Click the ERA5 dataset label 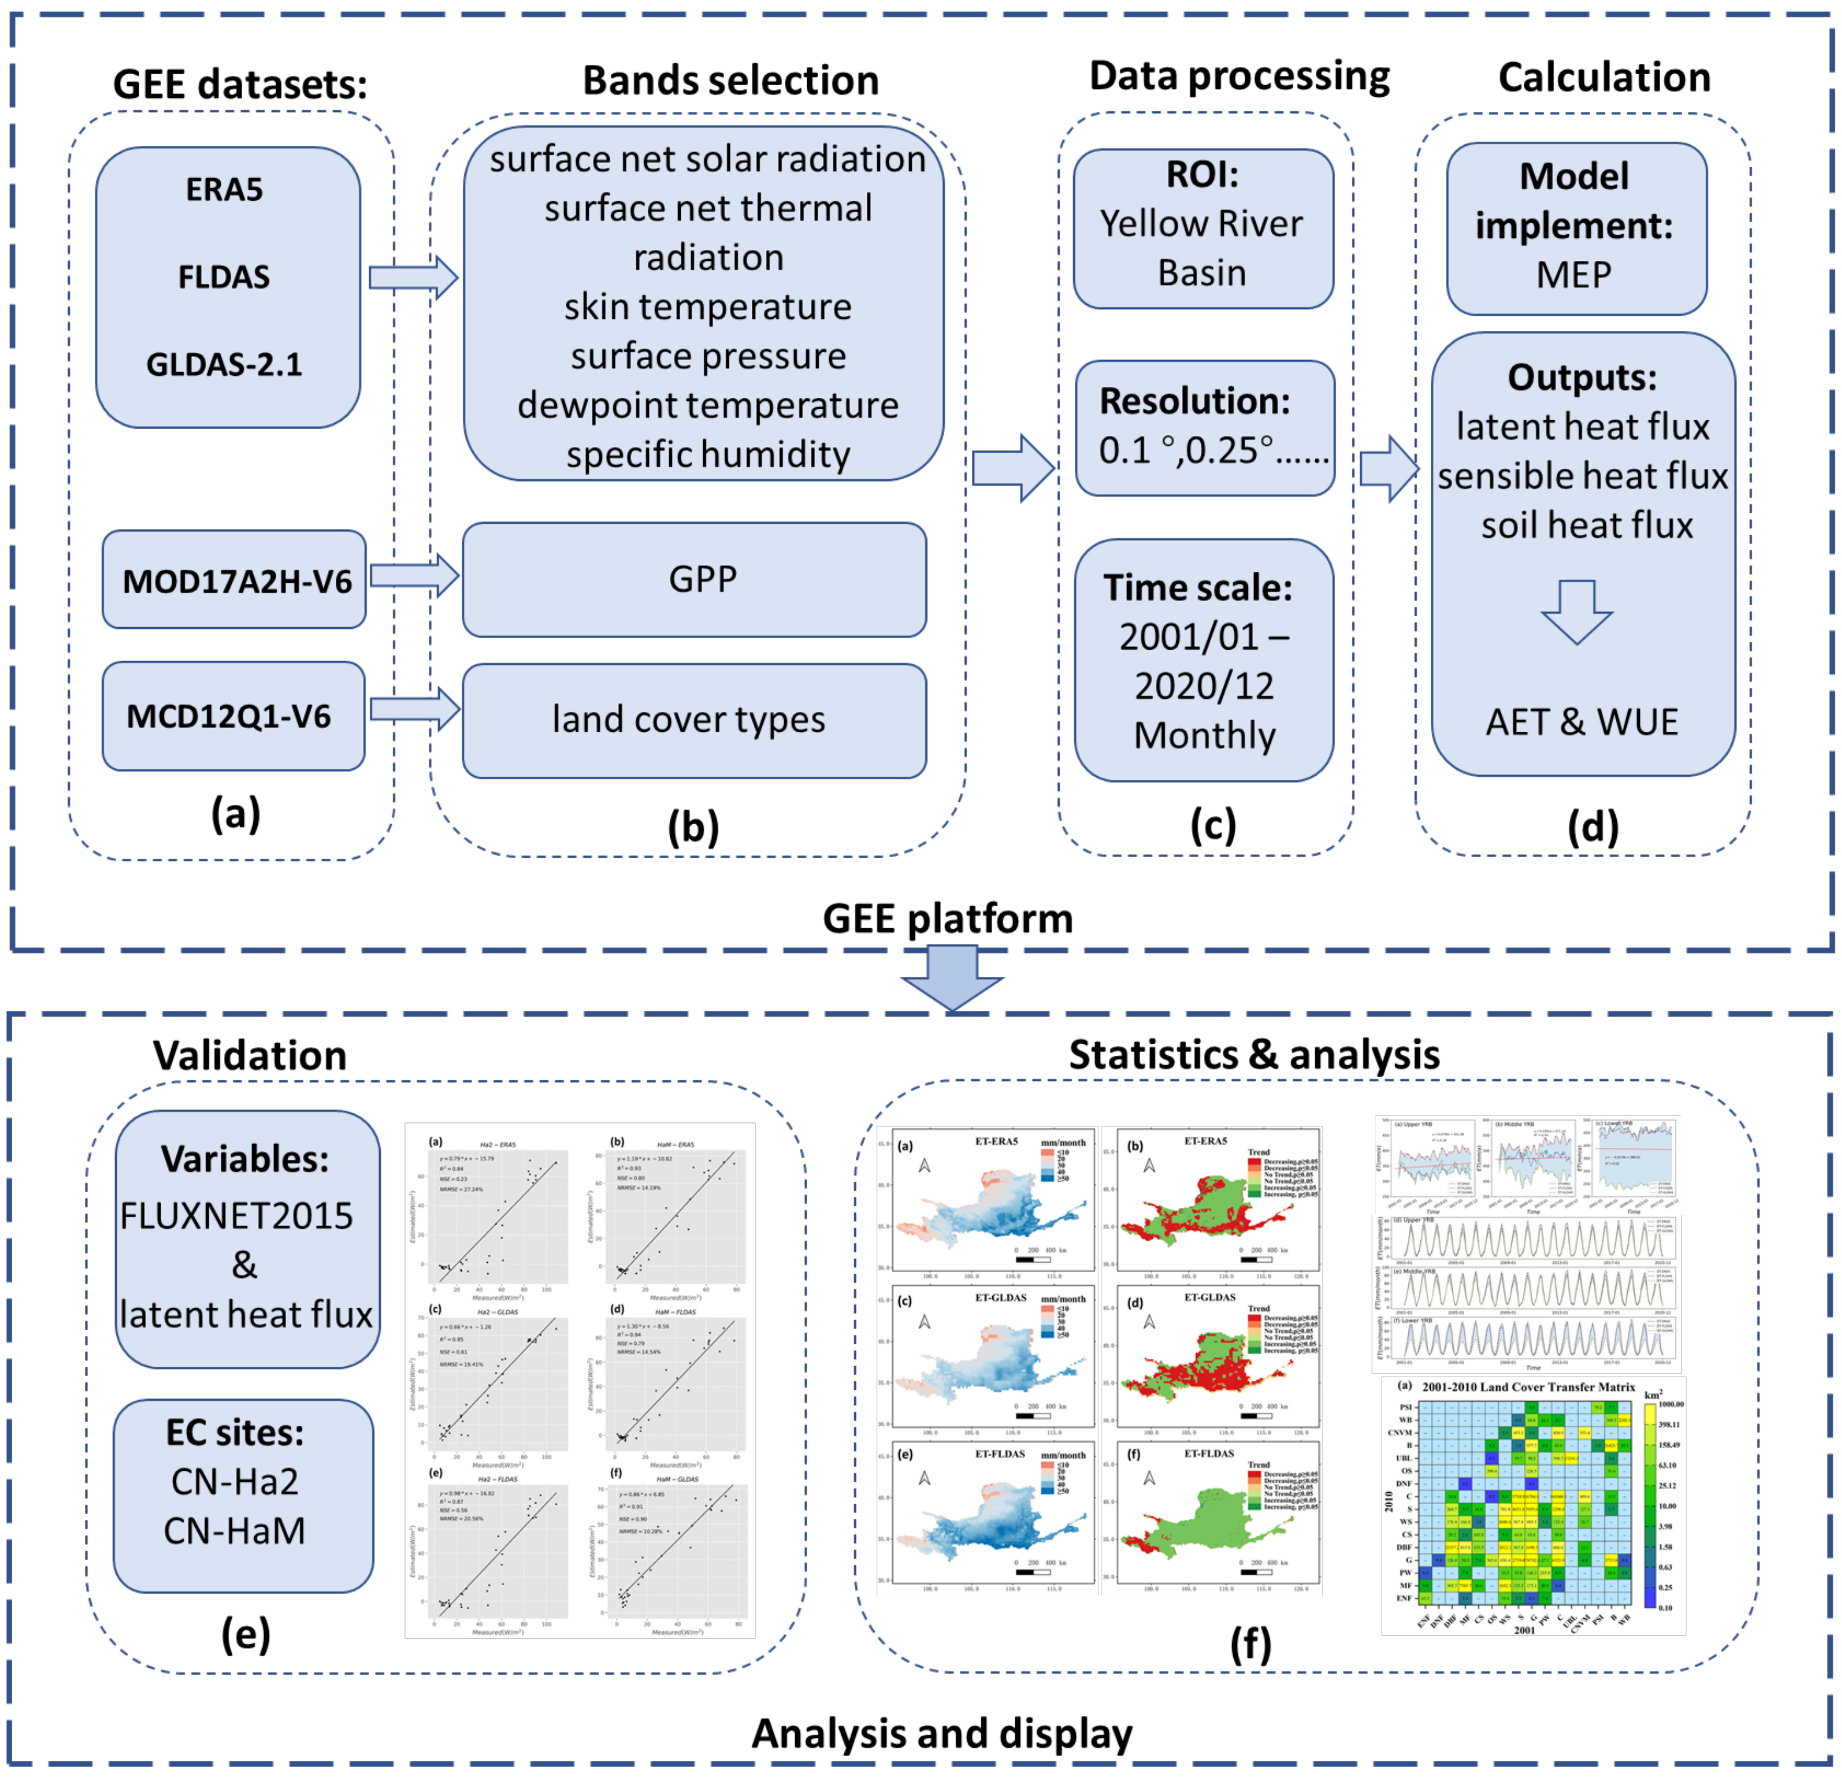click(x=224, y=190)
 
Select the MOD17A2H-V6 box click(x=235, y=580)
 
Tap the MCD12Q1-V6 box click(x=232, y=716)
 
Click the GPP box click(x=695, y=580)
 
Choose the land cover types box click(x=695, y=721)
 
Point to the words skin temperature click(x=707, y=307)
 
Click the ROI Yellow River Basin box click(x=1203, y=228)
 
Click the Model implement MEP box click(x=1576, y=228)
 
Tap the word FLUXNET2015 click(x=237, y=1216)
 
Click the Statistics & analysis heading click(x=1254, y=1055)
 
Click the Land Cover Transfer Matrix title click(x=1528, y=1387)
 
